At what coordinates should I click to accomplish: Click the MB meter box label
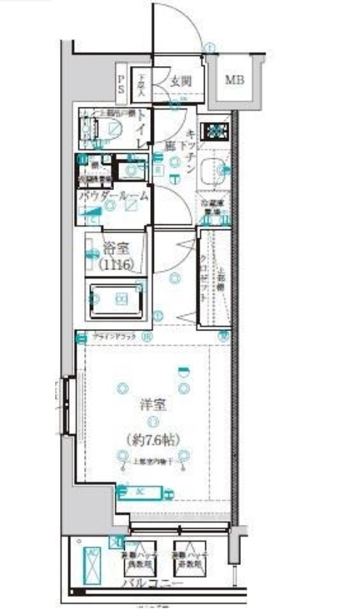click(234, 79)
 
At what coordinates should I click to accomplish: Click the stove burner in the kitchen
click(215, 131)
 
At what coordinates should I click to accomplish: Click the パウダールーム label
click(114, 195)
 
